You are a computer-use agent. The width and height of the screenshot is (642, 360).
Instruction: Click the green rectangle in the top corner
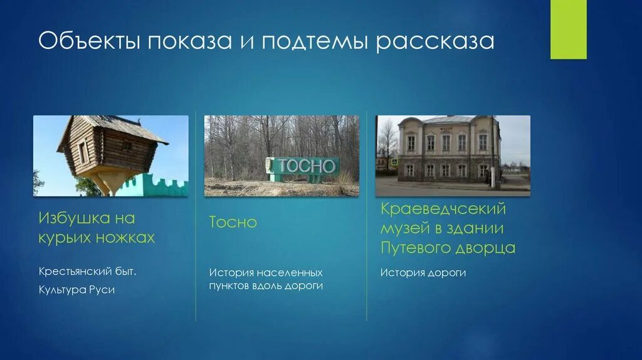coord(568,29)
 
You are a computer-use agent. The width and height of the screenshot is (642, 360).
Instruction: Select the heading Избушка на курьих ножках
coord(97,228)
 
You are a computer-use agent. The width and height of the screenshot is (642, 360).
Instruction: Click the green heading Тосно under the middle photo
coord(233,223)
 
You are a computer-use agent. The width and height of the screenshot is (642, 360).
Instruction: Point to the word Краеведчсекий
coord(443,208)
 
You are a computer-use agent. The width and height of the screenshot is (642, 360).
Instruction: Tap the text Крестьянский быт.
coord(87,272)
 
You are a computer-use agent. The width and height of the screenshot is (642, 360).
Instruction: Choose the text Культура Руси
coord(76,290)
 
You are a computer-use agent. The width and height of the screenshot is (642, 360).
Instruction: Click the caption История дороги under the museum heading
coord(423,273)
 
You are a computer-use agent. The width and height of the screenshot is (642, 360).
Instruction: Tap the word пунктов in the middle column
coord(230,286)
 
